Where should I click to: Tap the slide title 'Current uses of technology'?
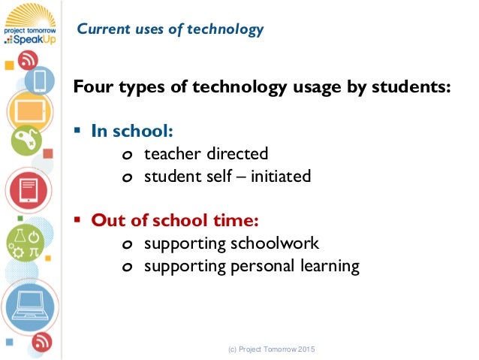170,30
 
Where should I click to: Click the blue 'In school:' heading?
132,132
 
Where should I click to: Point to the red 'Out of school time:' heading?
175,221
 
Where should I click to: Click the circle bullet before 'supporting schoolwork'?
127,245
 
